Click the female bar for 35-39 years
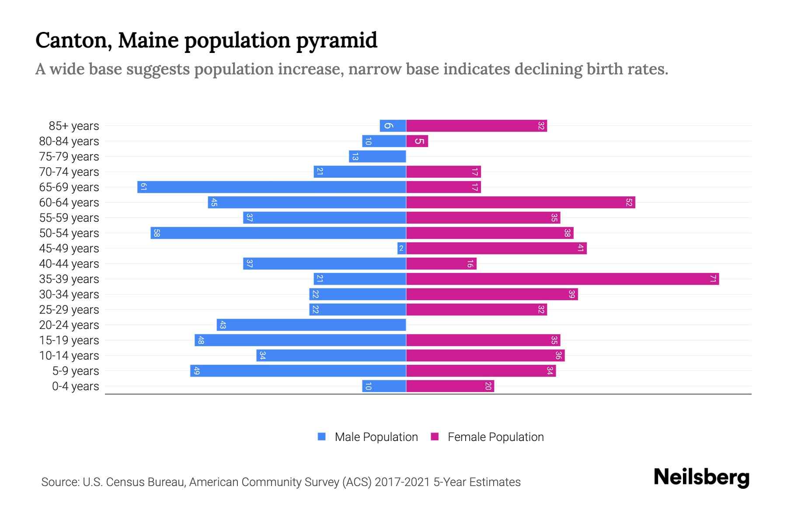(x=562, y=279)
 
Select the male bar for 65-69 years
(x=272, y=187)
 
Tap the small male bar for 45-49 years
(x=401, y=248)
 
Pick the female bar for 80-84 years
(x=417, y=141)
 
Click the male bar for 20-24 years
(x=311, y=325)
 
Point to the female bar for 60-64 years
(x=520, y=203)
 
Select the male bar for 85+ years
(x=393, y=126)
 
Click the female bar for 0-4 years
(x=450, y=386)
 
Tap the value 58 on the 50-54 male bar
(x=157, y=233)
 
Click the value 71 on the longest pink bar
(x=713, y=279)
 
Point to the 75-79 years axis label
(x=69, y=157)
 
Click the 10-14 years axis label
(x=69, y=356)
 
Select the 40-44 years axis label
(x=69, y=264)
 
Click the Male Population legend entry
(x=368, y=437)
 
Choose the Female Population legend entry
(x=487, y=437)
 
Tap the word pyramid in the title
(x=336, y=41)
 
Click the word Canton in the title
(x=70, y=41)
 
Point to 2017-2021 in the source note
(x=402, y=482)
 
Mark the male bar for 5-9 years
(x=298, y=371)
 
